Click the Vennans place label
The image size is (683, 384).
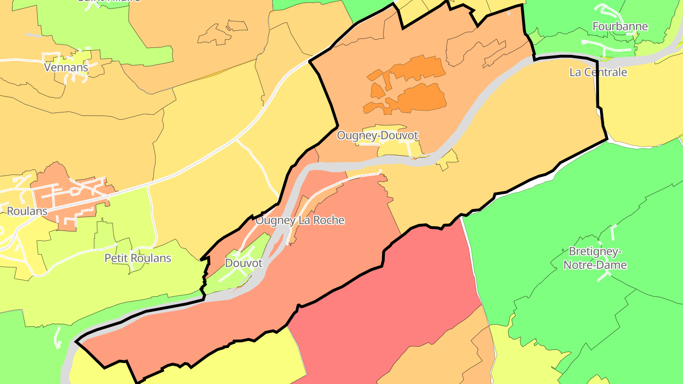(66, 67)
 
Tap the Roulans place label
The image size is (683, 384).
(27, 211)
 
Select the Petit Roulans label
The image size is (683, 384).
(138, 258)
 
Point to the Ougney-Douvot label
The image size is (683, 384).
(378, 136)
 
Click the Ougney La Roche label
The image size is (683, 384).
(300, 220)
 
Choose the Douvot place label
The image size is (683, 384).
(244, 263)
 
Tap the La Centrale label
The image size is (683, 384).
(598, 73)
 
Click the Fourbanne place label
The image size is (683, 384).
(620, 27)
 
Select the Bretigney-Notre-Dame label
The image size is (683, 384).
(595, 258)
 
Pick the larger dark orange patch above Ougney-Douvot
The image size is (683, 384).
(422, 98)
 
